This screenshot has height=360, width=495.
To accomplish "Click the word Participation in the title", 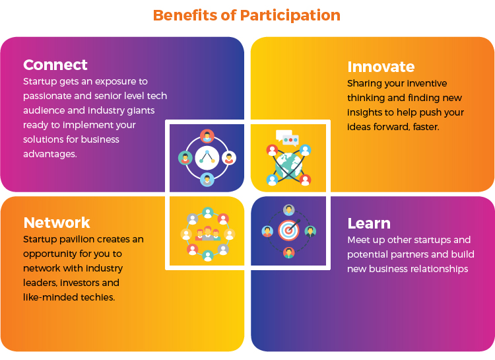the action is pos(290,16).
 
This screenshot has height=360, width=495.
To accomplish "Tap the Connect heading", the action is pos(55,65).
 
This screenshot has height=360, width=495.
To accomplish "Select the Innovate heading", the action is pos(381,67).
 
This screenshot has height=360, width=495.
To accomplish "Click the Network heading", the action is pos(57,223).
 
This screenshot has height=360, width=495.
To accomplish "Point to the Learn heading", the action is pos(369,223).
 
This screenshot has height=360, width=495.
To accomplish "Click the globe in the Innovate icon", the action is pos(288,166).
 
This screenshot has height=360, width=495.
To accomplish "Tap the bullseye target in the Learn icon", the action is pos(288,230).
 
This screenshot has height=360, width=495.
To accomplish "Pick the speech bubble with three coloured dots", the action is pos(290,140).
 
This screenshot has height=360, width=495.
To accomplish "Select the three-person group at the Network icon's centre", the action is pos(207,234).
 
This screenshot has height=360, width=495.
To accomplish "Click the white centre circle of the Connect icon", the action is pos(207,158).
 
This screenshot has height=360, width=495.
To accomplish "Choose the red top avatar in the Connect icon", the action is pos(207,137).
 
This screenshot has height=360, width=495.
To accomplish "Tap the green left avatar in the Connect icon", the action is pos(185,158).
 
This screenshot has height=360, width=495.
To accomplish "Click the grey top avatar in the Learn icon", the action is pos(288,209).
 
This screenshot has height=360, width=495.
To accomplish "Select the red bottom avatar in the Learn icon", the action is pos(288,252).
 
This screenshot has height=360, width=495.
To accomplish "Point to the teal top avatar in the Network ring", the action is pos(208,213).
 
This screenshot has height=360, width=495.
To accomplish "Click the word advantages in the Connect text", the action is pos(50,154).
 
